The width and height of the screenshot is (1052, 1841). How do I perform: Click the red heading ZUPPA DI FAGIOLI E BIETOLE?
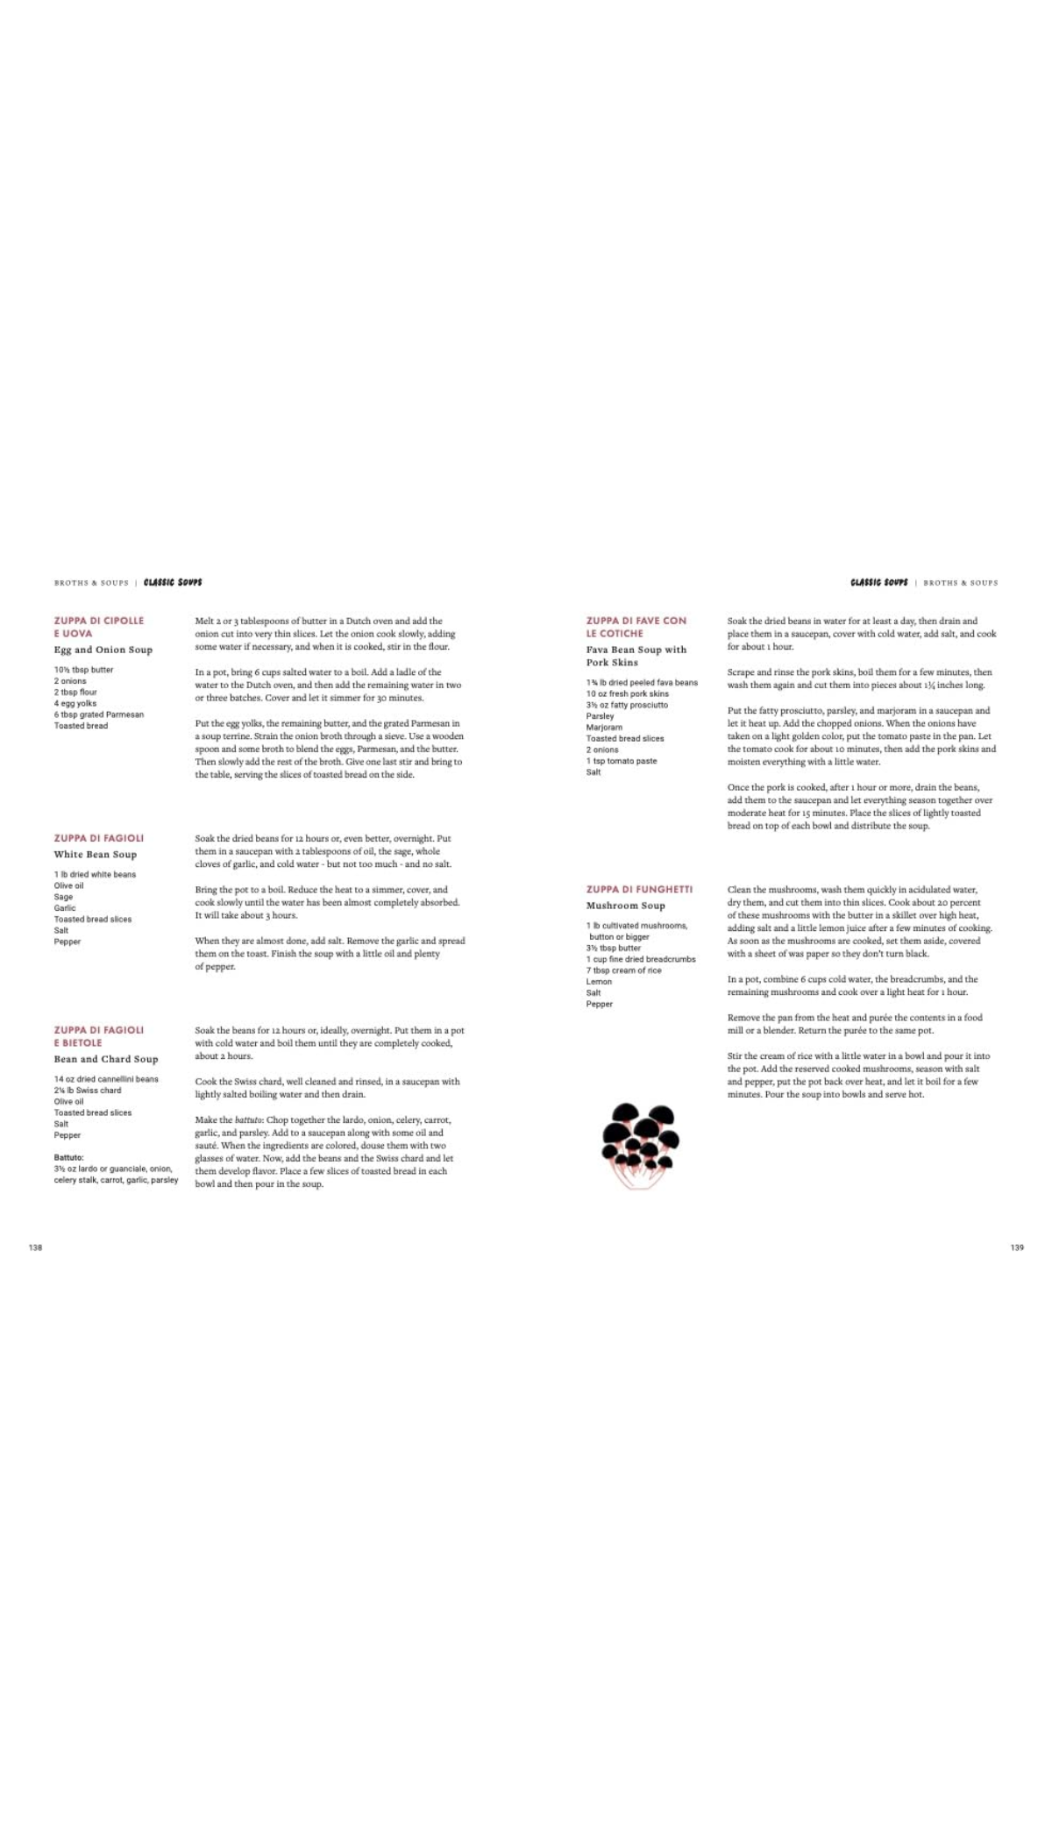coord(98,1036)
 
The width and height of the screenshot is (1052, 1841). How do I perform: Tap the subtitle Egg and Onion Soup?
coord(103,650)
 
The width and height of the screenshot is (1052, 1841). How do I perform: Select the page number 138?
coord(35,1247)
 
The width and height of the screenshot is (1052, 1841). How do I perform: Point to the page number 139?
coord(1016,1247)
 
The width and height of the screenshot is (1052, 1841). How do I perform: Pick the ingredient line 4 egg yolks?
coord(75,703)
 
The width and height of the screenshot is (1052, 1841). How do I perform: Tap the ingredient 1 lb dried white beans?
coord(95,874)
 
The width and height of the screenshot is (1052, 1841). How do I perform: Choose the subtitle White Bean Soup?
coord(95,854)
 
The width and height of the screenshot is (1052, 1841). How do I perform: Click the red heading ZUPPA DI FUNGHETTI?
coord(639,889)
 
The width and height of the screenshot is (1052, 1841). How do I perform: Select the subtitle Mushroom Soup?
coord(625,906)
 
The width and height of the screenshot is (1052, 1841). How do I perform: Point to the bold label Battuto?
coord(68,1157)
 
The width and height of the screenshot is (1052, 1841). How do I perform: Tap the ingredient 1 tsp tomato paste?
coord(621,761)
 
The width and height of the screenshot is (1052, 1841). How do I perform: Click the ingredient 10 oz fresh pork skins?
coord(627,693)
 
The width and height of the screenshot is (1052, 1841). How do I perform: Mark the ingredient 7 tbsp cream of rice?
coord(623,970)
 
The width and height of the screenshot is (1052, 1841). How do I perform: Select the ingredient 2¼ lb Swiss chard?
coord(88,1091)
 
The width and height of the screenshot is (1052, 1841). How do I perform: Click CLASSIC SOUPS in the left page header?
coord(173,582)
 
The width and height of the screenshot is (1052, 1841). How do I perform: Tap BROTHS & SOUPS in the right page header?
coord(960,583)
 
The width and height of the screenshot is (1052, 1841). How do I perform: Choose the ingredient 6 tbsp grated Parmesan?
coord(98,714)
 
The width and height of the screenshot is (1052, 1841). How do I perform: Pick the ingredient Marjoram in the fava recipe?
coord(604,727)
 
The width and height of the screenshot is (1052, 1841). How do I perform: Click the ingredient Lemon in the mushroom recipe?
coord(599,982)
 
